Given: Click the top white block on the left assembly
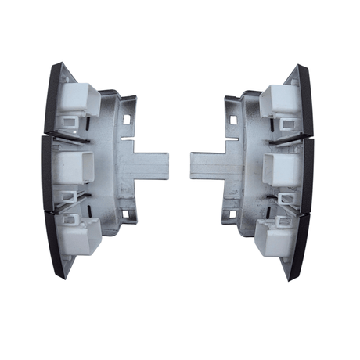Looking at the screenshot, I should (x=78, y=101).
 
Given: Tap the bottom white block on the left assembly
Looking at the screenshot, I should (x=82, y=235).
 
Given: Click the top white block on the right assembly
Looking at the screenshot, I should (x=278, y=101).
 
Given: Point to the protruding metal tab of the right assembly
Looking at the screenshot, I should (x=207, y=165).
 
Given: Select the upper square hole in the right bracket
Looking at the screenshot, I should (x=232, y=118).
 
